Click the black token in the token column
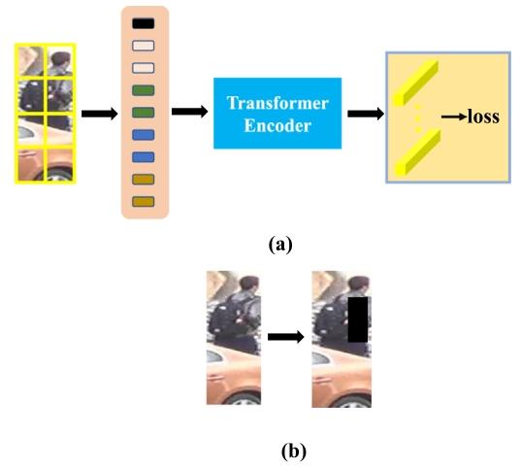tap(144, 23)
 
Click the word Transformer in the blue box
tap(277, 103)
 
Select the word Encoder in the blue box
tap(277, 126)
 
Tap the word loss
tap(483, 117)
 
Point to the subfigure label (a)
tap(280, 245)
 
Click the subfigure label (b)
tap(294, 451)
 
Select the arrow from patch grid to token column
tap(100, 114)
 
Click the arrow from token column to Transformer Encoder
tap(190, 112)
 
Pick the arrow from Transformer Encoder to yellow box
tap(366, 114)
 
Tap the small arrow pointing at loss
tap(454, 117)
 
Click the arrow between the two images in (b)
tap(286, 337)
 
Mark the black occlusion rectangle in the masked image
tap(358, 319)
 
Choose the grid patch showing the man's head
tap(60, 61)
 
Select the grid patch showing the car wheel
tap(60, 165)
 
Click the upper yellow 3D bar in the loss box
tap(416, 84)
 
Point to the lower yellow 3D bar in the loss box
tap(417, 152)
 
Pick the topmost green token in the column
tap(144, 90)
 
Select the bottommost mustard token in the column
tap(144, 201)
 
